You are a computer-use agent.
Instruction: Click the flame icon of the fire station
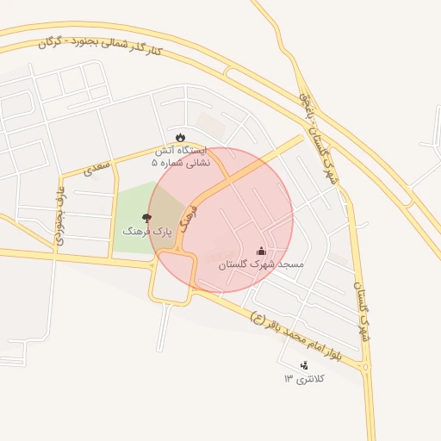[180, 137]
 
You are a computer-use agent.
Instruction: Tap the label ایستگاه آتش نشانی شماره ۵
[180, 155]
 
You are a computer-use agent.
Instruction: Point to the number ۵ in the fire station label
[155, 161]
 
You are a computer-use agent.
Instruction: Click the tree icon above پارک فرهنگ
[146, 217]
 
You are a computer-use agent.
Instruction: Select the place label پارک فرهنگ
[147, 232]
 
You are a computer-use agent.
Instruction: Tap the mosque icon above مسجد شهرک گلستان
[261, 251]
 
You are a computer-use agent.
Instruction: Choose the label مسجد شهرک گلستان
[261, 264]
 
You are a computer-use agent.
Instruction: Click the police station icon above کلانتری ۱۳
[303, 365]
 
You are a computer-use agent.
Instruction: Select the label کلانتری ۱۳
[301, 379]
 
